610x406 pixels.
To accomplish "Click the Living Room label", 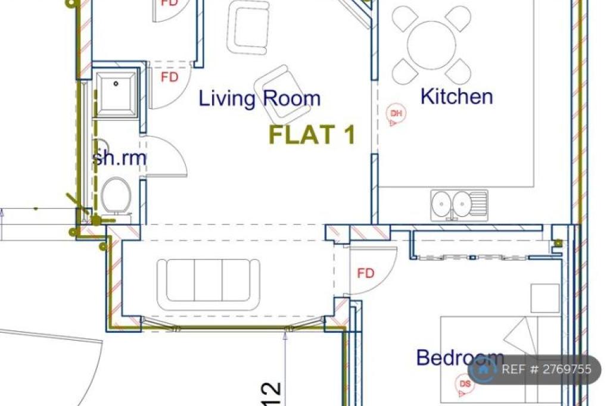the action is [x=260, y=98].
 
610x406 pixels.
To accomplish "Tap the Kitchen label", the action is [x=457, y=96].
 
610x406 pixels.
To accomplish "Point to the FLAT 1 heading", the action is [x=312, y=134].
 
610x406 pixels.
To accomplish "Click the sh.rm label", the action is [x=119, y=158].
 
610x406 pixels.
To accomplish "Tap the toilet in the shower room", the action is [x=116, y=197].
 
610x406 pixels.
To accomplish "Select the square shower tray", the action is [x=116, y=93].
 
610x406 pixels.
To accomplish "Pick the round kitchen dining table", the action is [x=431, y=45].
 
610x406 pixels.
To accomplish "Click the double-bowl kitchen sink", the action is [x=459, y=205].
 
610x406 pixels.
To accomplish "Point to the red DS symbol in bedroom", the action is [x=465, y=385].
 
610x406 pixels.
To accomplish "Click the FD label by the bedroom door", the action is [x=366, y=273].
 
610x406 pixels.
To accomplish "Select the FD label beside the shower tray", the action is [x=170, y=77].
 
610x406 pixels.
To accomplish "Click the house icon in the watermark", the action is [x=483, y=369].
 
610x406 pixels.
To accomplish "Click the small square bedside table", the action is [x=545, y=298].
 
